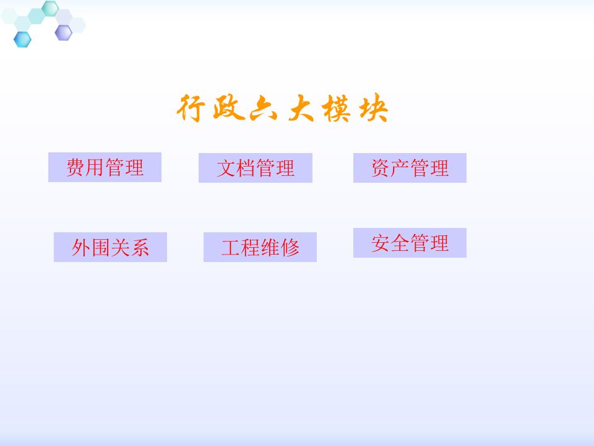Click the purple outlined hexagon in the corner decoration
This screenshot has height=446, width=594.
coord(63,32)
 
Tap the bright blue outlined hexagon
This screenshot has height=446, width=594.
coord(23,38)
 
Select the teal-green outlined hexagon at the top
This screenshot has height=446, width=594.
coord(50,8)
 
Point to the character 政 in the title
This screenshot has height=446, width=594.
coord(226,109)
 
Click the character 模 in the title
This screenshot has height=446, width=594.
coord(337,109)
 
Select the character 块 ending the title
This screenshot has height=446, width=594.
coord(374,109)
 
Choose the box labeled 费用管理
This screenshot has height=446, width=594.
coord(105,167)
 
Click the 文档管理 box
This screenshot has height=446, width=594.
coord(255,168)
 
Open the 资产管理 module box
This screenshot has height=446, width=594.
coord(410,168)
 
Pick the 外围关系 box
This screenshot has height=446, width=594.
coord(110,247)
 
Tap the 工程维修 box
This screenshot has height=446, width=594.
coord(260,247)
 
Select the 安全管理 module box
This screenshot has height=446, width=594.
coord(410,243)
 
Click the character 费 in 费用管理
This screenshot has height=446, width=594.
coord(76,167)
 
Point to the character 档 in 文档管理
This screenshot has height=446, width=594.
coord(246,168)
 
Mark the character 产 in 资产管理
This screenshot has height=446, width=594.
coord(400,168)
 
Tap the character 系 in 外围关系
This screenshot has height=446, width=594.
coord(140,247)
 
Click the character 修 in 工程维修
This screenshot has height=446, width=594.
coord(290,247)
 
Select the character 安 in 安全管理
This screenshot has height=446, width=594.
coord(381,243)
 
